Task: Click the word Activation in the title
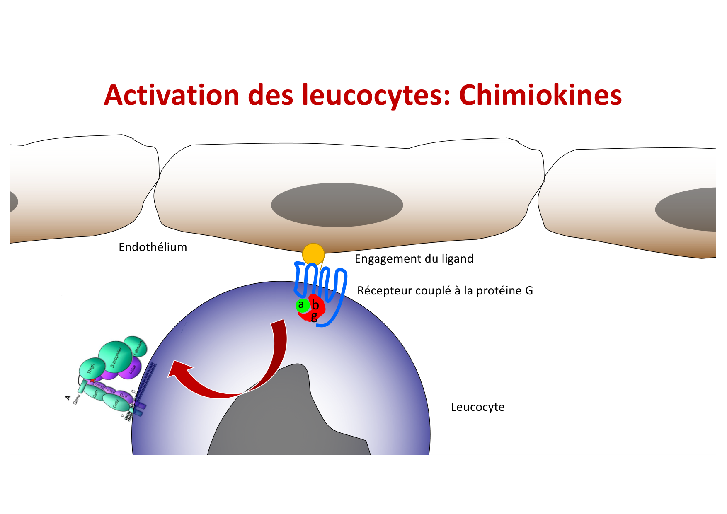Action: tap(172, 96)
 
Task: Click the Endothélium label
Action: tap(153, 247)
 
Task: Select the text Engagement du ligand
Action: tap(414, 259)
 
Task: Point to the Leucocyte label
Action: tap(477, 407)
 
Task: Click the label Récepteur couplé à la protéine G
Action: tap(445, 291)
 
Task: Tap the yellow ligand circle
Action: tap(313, 254)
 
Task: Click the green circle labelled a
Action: tap(302, 306)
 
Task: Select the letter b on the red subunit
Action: tap(316, 306)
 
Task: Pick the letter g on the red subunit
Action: tap(314, 317)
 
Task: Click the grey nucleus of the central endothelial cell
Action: tap(337, 205)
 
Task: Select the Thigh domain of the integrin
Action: tap(92, 368)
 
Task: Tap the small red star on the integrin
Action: tap(92, 380)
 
